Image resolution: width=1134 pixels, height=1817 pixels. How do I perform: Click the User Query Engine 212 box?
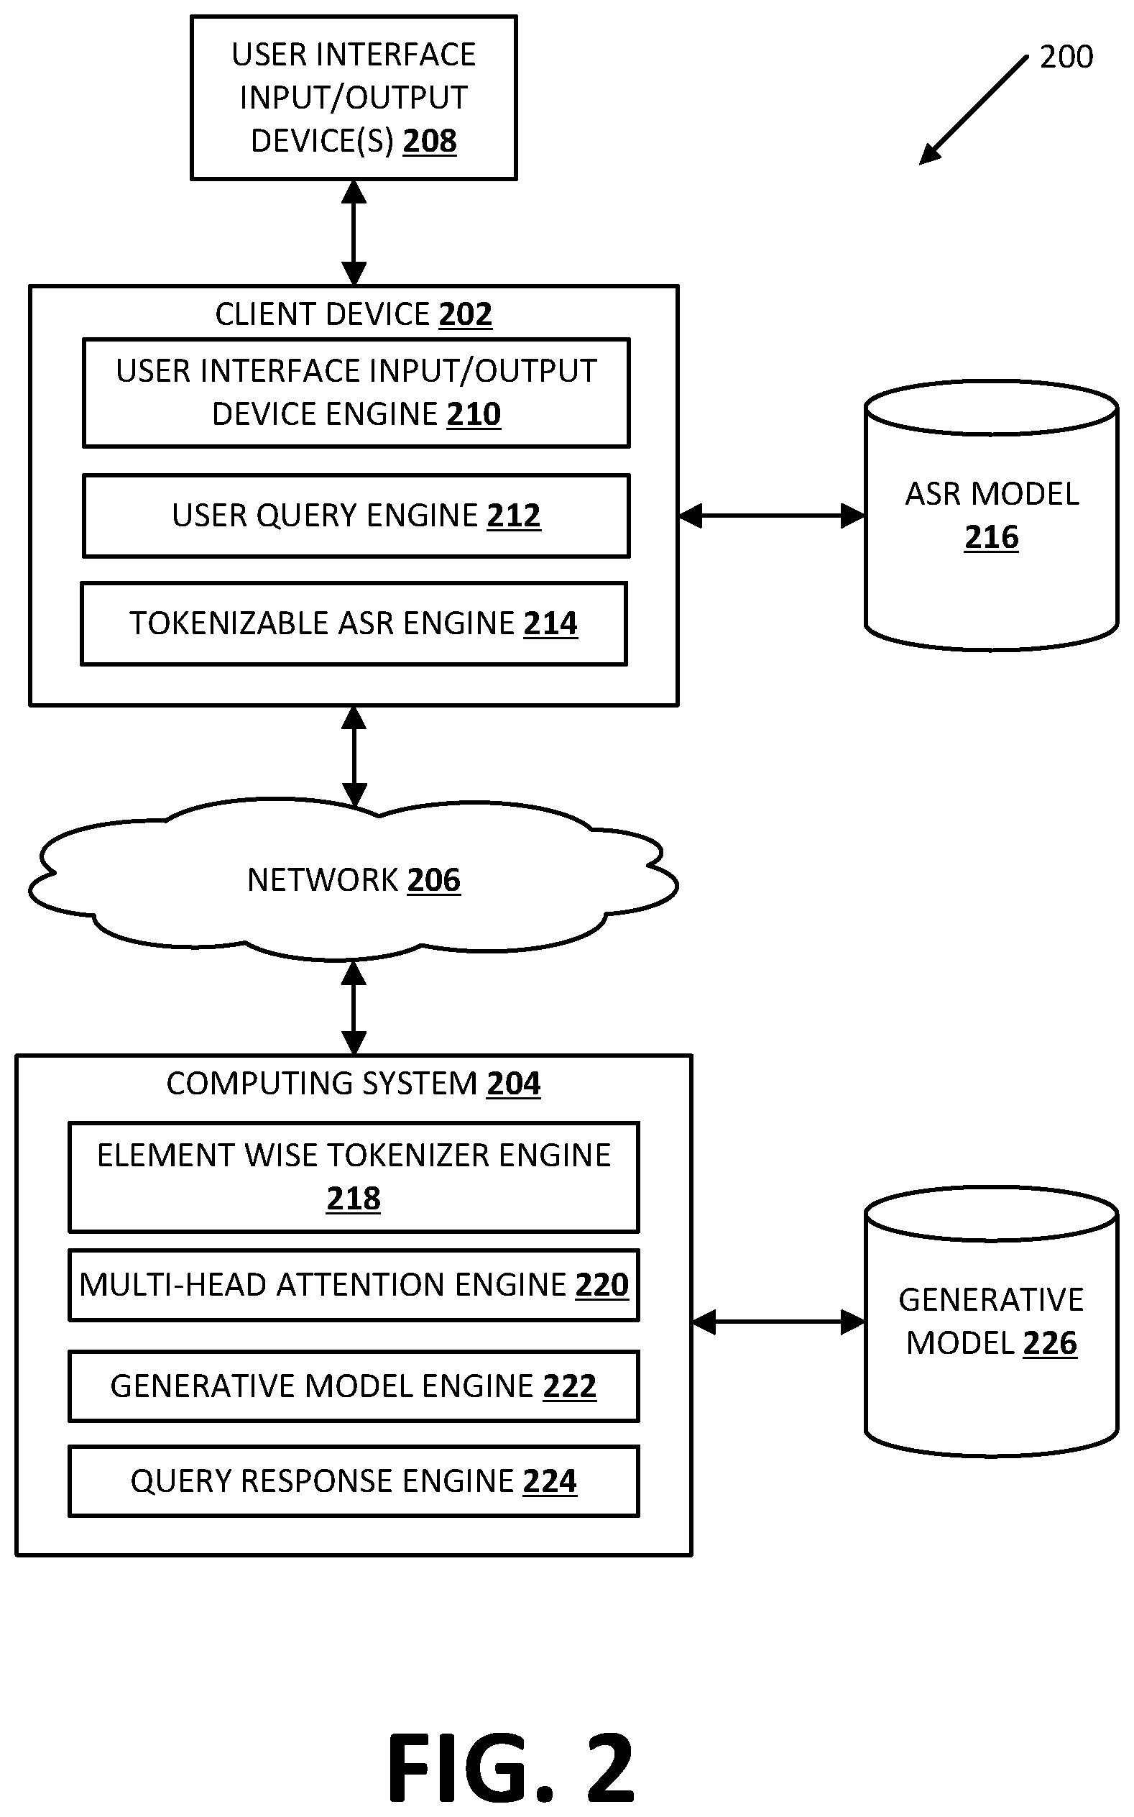pos(356,516)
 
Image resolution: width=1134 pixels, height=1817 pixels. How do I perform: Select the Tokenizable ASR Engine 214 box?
pos(354,623)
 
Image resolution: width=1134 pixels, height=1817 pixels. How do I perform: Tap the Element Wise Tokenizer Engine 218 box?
pos(354,1177)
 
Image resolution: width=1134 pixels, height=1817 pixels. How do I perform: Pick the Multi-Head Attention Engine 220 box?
pos(354,1285)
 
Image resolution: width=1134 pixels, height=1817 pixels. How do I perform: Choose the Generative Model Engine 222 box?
pos(354,1386)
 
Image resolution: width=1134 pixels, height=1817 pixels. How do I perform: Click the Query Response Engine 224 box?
pos(354,1482)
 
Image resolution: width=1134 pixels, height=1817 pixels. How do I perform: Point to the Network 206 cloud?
pos(354,879)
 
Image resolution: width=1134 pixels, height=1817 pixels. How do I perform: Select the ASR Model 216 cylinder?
pos(992,516)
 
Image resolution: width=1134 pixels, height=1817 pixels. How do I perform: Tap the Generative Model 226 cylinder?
pos(992,1322)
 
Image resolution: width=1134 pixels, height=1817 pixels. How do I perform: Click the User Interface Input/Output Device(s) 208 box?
pos(354,98)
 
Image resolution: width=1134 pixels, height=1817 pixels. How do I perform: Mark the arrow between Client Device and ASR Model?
pos(772,516)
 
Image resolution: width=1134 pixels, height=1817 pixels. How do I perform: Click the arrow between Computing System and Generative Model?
pos(778,1322)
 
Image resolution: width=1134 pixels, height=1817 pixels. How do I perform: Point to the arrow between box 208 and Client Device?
pos(354,232)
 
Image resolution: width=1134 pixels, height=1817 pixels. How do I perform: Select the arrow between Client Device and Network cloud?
pos(354,756)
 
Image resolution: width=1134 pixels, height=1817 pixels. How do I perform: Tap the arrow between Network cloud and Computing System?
pos(354,1007)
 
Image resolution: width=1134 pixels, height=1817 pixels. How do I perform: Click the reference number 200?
pos(1066,57)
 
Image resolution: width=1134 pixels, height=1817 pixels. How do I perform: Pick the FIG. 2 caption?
pos(511,1767)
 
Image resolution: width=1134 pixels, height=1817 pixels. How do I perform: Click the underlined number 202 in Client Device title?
pos(465,314)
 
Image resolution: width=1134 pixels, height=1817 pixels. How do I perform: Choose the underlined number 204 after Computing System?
pos(514,1084)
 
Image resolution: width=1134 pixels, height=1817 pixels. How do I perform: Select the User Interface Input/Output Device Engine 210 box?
pos(356,393)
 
